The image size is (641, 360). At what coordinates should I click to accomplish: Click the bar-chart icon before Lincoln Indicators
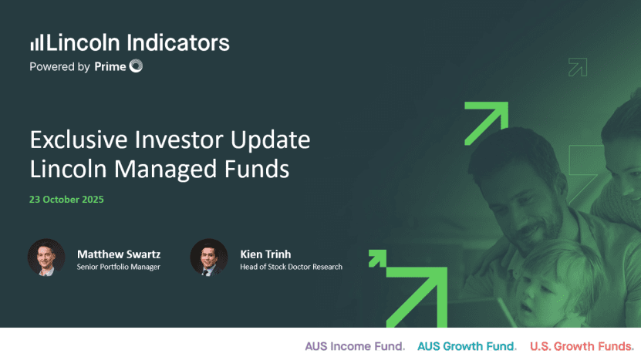[37, 42]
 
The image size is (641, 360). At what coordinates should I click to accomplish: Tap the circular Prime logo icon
[136, 66]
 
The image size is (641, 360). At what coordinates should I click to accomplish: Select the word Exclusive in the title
[79, 140]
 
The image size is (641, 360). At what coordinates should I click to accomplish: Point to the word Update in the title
[270, 140]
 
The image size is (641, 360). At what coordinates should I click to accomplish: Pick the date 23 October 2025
[66, 200]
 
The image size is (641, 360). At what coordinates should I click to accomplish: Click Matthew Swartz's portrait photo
[46, 257]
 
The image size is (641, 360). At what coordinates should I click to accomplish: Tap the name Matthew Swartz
[119, 254]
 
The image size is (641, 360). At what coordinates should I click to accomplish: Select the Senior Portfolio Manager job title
[119, 267]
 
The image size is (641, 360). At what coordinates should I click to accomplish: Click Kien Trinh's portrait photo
[209, 257]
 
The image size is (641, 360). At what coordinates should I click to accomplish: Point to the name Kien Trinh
[265, 254]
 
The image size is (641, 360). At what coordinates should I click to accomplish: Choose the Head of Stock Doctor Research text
[291, 267]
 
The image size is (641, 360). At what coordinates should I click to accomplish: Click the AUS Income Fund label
[355, 347]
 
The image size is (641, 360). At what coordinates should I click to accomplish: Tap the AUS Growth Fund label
[467, 347]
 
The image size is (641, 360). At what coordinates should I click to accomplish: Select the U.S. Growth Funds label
[582, 347]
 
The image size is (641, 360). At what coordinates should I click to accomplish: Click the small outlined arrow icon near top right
[578, 67]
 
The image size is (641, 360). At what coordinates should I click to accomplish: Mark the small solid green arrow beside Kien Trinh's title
[377, 258]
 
